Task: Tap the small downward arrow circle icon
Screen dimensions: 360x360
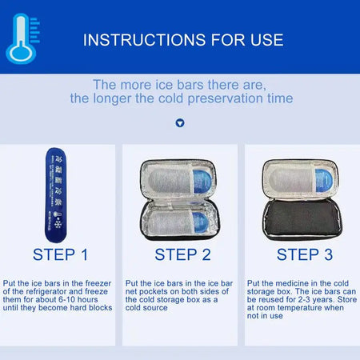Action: [179, 123]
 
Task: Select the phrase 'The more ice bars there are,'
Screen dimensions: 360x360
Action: [180, 84]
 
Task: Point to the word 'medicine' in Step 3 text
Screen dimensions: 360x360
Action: [284, 282]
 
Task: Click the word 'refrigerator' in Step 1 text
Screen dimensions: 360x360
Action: [43, 291]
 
